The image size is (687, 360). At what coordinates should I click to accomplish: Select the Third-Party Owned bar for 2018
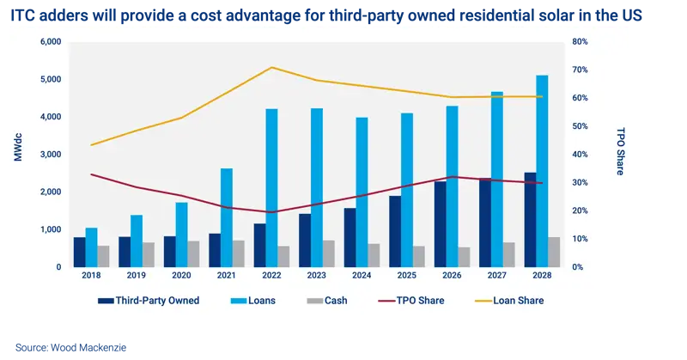tap(79, 252)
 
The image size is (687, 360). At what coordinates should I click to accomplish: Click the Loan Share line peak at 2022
tap(272, 67)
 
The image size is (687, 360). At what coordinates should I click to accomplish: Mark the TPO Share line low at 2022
tap(272, 212)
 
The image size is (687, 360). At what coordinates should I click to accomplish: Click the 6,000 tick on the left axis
tap(50, 42)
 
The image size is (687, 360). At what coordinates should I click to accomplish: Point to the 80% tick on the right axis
tap(579, 42)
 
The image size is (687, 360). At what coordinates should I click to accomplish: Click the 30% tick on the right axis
tap(579, 182)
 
